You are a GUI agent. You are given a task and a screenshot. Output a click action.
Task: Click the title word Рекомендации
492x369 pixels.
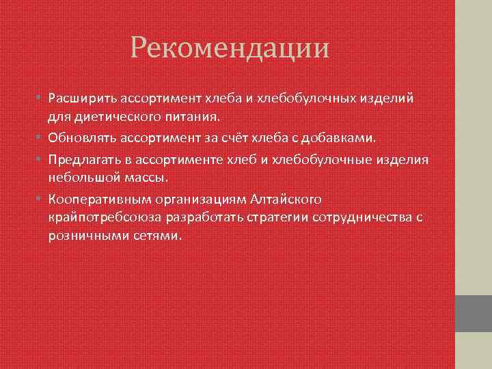(x=230, y=49)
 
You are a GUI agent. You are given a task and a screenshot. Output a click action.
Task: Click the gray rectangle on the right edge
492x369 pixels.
(x=473, y=313)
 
